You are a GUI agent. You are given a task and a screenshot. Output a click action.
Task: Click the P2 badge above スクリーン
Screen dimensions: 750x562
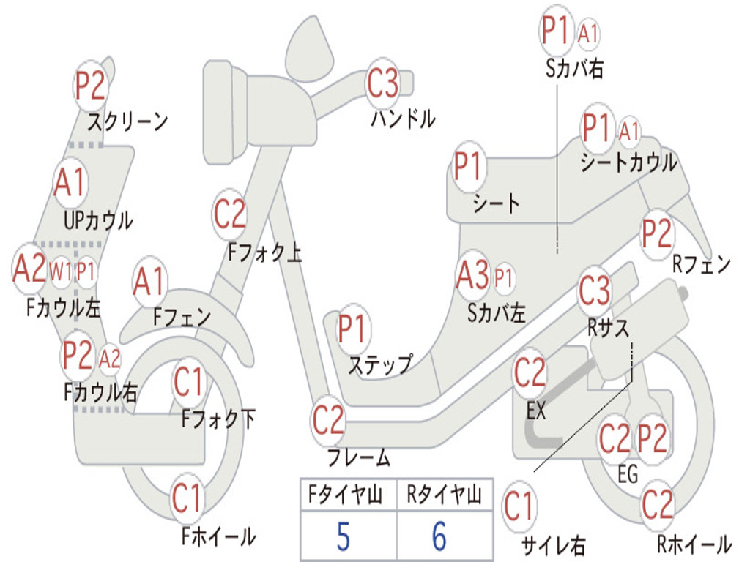[x=91, y=86]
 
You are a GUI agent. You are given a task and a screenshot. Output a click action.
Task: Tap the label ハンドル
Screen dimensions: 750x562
[x=403, y=118]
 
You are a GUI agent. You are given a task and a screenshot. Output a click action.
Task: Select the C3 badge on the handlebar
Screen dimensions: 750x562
[x=383, y=83]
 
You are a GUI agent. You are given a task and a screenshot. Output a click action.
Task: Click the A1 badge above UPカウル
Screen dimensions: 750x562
[x=70, y=183]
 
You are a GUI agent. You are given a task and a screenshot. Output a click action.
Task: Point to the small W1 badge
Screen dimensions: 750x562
[x=61, y=272]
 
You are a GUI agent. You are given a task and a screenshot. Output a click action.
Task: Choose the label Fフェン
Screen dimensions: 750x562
[x=182, y=317]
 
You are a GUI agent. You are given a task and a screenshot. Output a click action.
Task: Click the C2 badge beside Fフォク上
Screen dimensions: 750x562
[x=230, y=214]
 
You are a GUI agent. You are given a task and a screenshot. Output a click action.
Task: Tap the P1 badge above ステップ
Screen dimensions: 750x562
[x=353, y=330]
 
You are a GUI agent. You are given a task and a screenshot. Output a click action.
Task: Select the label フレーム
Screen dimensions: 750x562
[x=359, y=459]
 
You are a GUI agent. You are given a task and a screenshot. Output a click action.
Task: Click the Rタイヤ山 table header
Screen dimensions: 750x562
[x=443, y=497]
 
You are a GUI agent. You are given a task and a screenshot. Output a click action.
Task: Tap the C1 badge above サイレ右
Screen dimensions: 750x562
[x=519, y=507]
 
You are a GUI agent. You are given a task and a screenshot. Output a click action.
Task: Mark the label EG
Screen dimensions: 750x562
[x=628, y=474]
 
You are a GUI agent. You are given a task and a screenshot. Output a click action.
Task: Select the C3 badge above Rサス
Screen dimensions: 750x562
[x=594, y=291]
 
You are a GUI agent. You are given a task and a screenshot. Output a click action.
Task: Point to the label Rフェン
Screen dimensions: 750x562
[x=702, y=264]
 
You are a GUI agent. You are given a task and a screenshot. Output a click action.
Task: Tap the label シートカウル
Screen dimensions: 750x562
[x=628, y=163]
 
